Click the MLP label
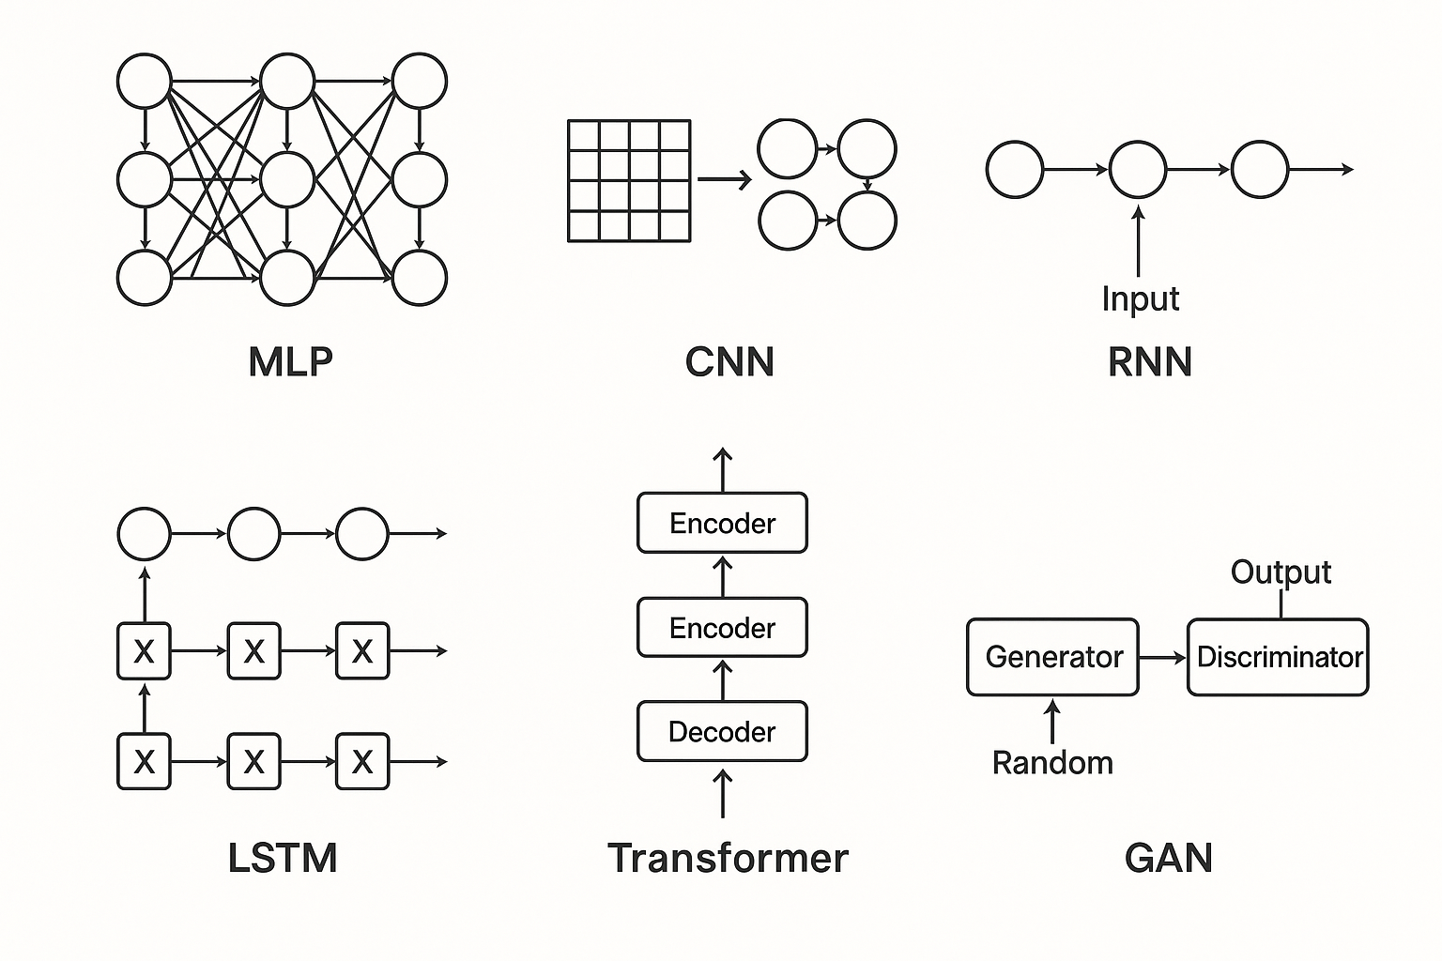pos(290,362)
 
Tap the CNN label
pos(729,362)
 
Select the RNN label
pos(1150,362)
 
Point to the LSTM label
pos(283,858)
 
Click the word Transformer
pos(728,858)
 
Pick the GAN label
pos(1169,858)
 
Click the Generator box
pos(1052,657)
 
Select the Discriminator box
pos(1278,657)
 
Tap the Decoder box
pos(722,731)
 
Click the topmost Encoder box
pos(722,523)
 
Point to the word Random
pos(1052,763)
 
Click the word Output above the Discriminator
pos(1281,572)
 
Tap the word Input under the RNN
pos(1140,298)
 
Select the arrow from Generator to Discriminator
pos(1163,658)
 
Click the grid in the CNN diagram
pos(629,180)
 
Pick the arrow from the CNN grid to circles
pos(724,179)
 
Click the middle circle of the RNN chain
pos(1138,170)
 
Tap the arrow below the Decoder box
pos(722,793)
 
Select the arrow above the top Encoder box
pos(722,469)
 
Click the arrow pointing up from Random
pos(1052,722)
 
